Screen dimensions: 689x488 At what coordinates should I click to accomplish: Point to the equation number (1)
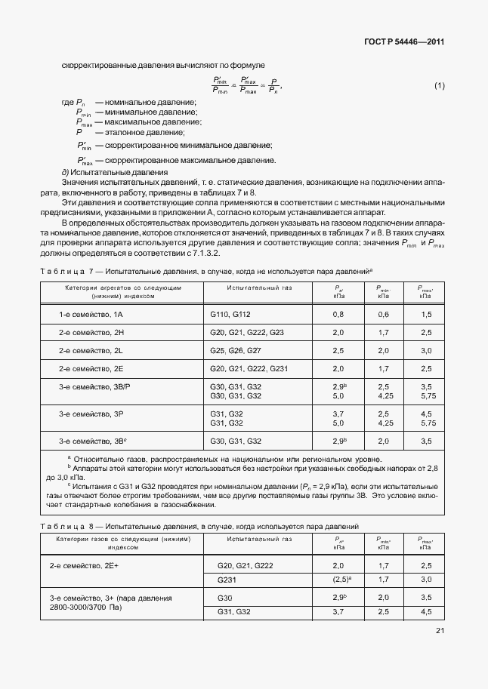point(439,85)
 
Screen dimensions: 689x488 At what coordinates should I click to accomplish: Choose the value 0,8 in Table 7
point(338,313)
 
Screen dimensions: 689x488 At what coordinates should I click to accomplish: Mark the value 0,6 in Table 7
point(383,313)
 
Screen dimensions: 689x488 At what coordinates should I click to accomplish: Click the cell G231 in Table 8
point(227,580)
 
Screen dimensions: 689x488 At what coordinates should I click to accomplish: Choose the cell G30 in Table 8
point(224,597)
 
